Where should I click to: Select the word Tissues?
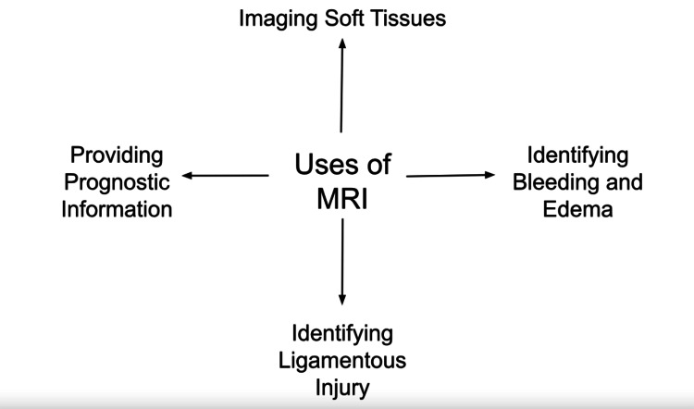pos(409,18)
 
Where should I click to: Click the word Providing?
pos(118,154)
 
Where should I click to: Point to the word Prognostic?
pos(118,181)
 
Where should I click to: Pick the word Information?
pos(118,208)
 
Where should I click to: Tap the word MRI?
pos(342,198)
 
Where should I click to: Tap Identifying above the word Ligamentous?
pos(342,331)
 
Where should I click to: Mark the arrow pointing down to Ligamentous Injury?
pos(342,261)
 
